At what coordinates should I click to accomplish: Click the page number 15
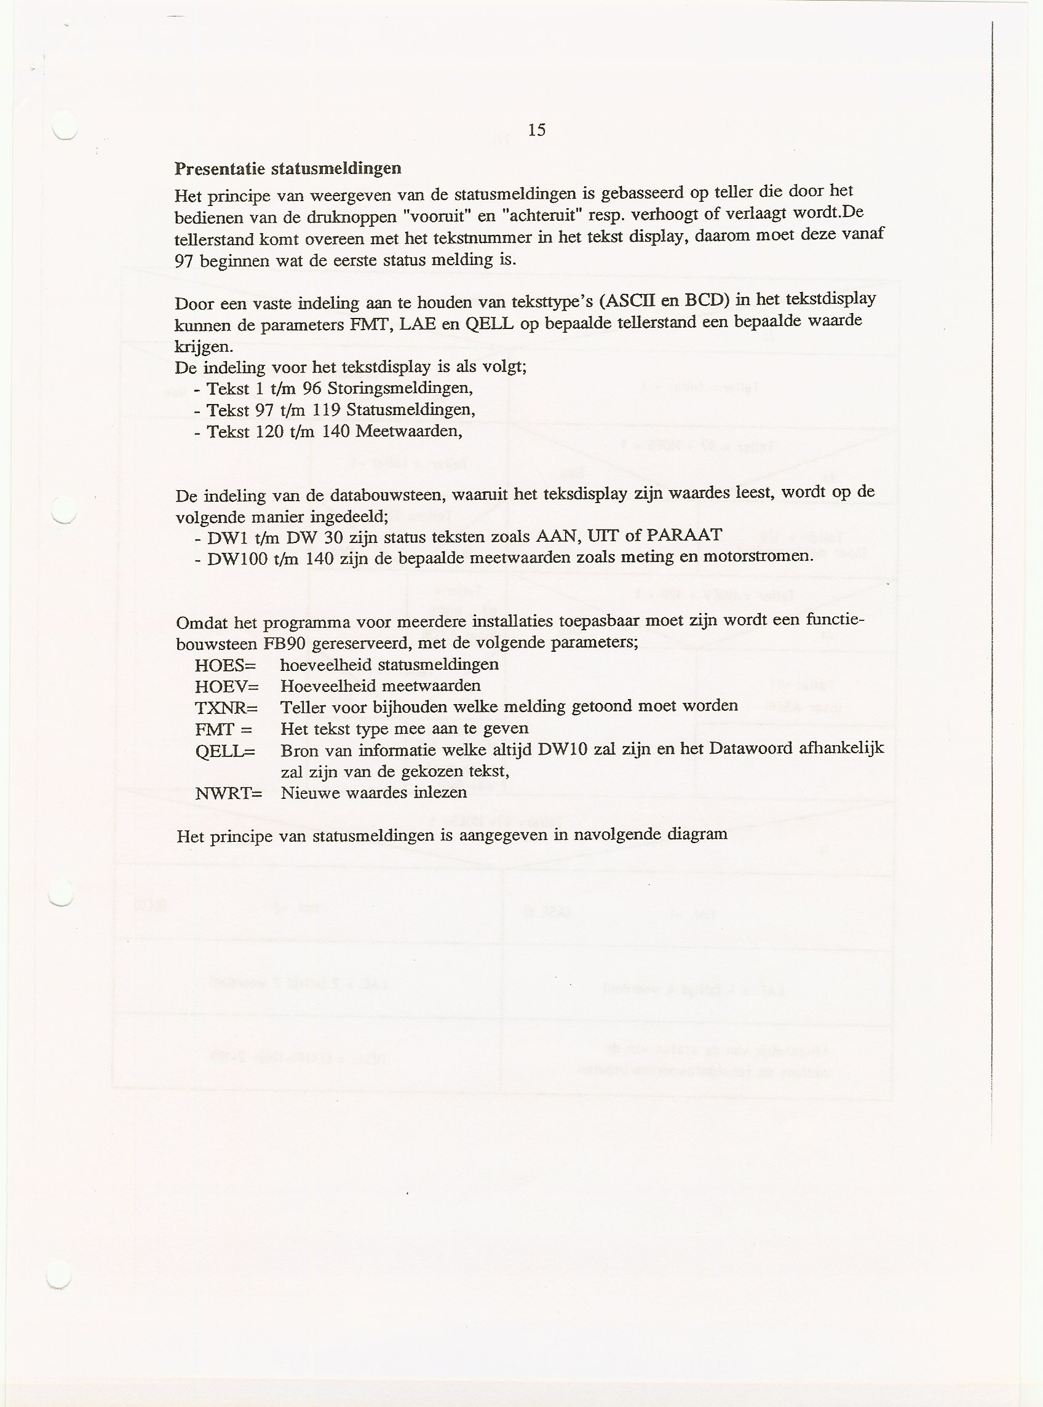click(x=537, y=130)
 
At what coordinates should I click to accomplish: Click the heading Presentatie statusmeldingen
click(x=288, y=168)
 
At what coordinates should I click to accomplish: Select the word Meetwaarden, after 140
click(x=409, y=431)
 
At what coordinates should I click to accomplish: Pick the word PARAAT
click(x=684, y=534)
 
